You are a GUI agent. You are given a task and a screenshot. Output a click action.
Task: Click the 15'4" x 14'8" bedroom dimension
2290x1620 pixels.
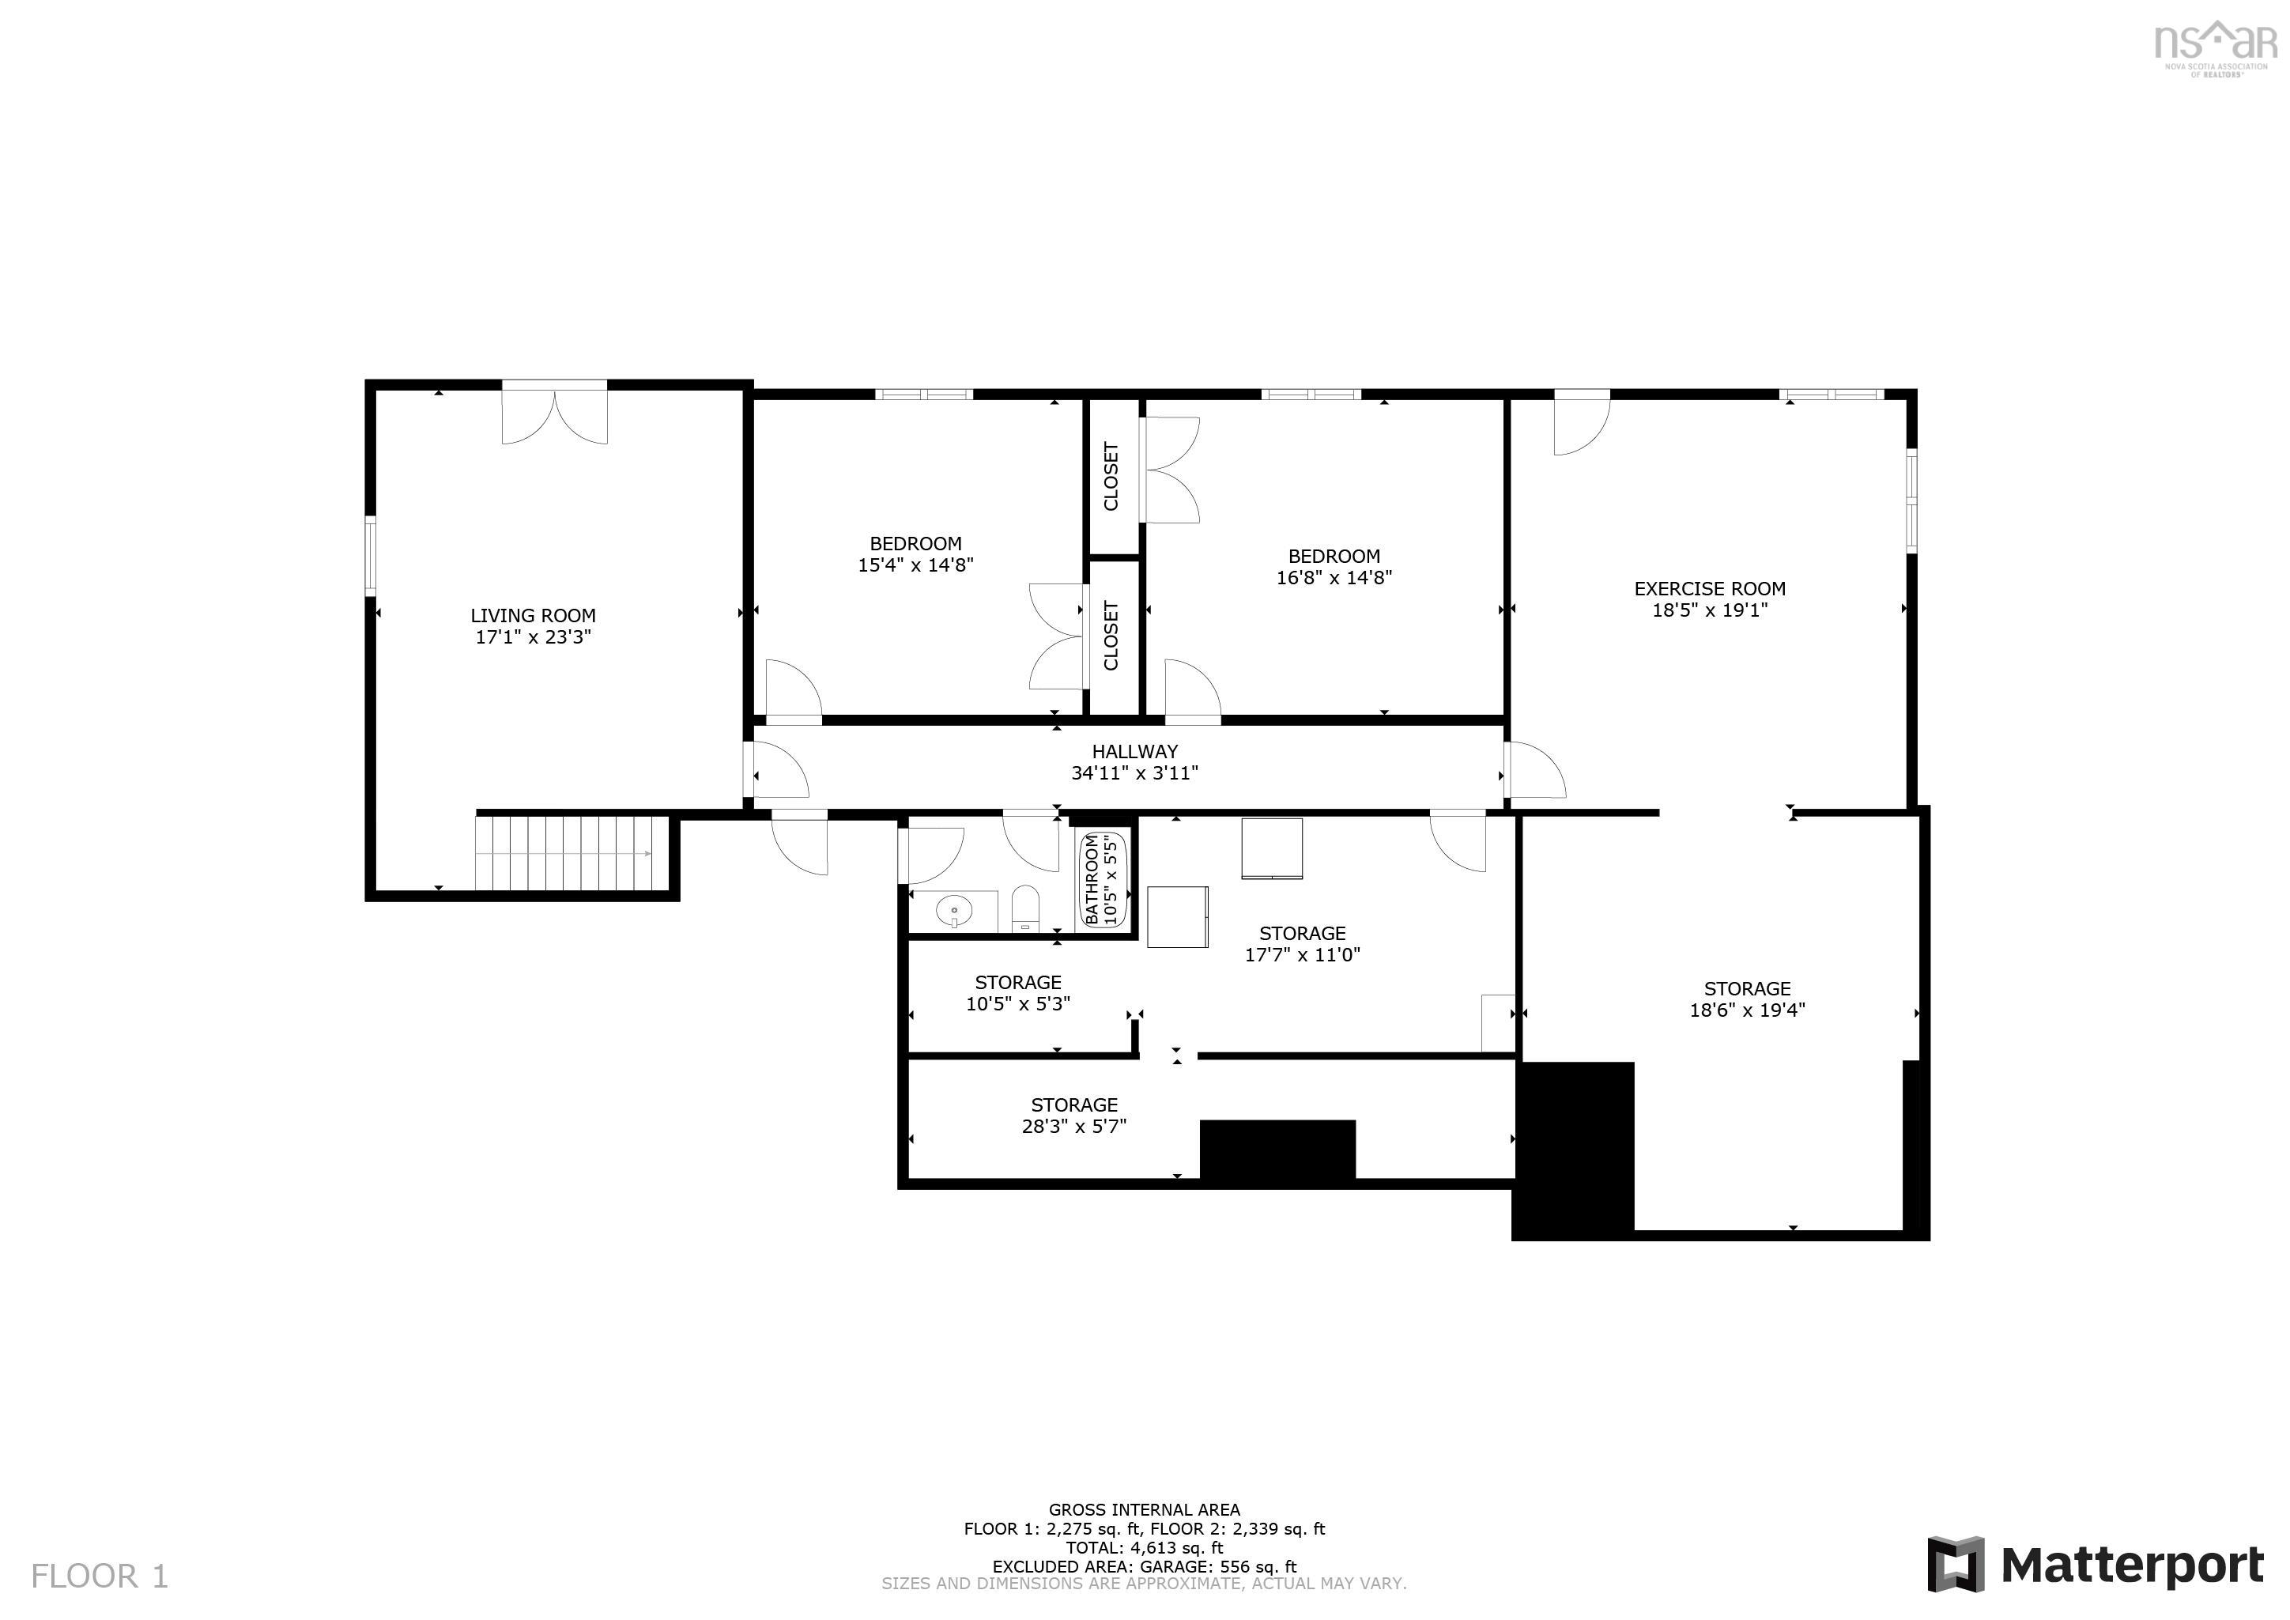[915, 565]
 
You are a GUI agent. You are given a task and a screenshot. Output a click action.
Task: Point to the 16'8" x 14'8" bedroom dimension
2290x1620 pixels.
[1334, 578]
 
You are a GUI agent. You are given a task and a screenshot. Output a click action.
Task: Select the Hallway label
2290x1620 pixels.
[1134, 751]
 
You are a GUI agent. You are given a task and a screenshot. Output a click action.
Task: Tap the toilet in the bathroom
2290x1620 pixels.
[1025, 908]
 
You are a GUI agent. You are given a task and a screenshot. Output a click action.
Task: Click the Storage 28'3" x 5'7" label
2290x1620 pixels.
[1074, 1116]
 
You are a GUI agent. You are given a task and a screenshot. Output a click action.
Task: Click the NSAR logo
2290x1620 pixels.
[2215, 45]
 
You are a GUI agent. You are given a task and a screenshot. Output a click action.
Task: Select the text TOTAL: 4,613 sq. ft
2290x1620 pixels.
[1144, 1547]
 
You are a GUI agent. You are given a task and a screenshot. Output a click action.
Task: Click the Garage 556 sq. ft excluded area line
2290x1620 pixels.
[1144, 1566]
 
